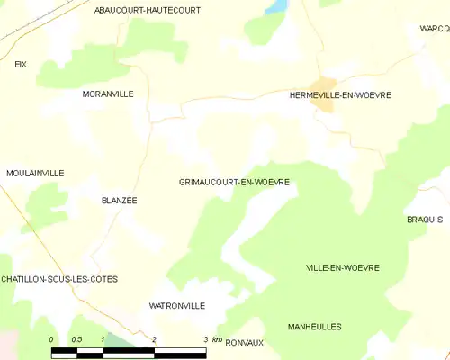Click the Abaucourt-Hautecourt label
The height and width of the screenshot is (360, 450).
pyautogui.click(x=148, y=10)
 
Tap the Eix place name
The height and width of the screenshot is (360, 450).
pyautogui.click(x=21, y=64)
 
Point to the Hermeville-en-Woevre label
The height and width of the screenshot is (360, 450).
pyautogui.click(x=340, y=94)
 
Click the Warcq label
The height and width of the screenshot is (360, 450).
pyautogui.click(x=434, y=29)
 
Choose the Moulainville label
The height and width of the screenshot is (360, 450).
pyautogui.click(x=34, y=173)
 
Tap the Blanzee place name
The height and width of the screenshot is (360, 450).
pyautogui.click(x=119, y=201)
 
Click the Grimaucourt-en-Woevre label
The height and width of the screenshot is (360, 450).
pyautogui.click(x=234, y=182)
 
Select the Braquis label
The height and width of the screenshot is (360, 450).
pyautogui.click(x=425, y=220)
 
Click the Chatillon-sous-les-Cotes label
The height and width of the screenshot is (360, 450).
pyautogui.click(x=59, y=279)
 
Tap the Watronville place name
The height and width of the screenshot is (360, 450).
pyautogui.click(x=176, y=306)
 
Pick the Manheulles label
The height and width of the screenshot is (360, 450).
pyautogui.click(x=315, y=327)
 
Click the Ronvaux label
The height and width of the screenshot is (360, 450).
pyautogui.click(x=244, y=342)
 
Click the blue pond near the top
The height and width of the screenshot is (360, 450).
pyautogui.click(x=275, y=6)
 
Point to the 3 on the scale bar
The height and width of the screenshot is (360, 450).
pyautogui.click(x=205, y=339)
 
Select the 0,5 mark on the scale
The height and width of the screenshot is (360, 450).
pyautogui.click(x=76, y=339)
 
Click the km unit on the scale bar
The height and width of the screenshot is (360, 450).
pyautogui.click(x=217, y=339)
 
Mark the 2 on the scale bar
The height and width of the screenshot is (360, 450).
pyautogui.click(x=154, y=339)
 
